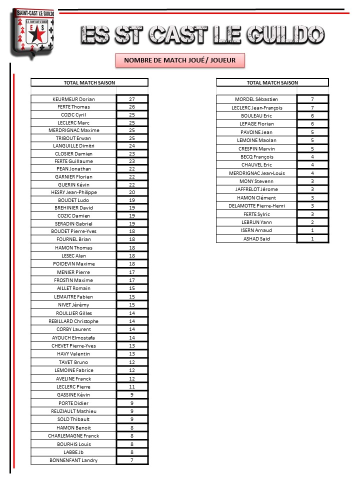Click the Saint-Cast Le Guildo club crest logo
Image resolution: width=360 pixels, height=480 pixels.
tap(30, 32)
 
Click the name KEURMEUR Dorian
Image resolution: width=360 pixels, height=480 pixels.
tap(73, 99)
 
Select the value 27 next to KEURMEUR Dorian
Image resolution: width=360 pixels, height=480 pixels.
tap(132, 99)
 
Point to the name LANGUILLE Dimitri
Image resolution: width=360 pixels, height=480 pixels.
tap(73, 145)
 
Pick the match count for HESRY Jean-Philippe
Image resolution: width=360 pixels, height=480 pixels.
tap(132, 192)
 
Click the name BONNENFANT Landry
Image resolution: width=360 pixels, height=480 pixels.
tap(73, 460)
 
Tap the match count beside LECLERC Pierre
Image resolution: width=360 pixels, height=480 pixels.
tap(132, 386)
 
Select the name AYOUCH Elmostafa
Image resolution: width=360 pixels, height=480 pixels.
tap(73, 337)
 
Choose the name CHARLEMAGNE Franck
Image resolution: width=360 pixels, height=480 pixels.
tap(73, 435)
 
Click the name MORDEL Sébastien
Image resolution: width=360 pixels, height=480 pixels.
tap(256, 99)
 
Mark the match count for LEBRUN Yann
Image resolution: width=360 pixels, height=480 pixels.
tap(312, 222)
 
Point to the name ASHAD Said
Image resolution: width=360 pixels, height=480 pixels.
tap(256, 238)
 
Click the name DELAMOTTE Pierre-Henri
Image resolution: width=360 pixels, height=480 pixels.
tap(256, 205)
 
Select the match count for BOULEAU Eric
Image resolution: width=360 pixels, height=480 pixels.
tap(312, 115)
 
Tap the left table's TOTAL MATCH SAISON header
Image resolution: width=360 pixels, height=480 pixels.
tap(89, 82)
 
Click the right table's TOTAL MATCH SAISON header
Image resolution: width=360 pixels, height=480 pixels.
tap(272, 82)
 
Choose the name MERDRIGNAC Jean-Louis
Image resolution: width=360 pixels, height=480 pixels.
tap(256, 173)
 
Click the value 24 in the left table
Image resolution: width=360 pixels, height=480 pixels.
tap(132, 145)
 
